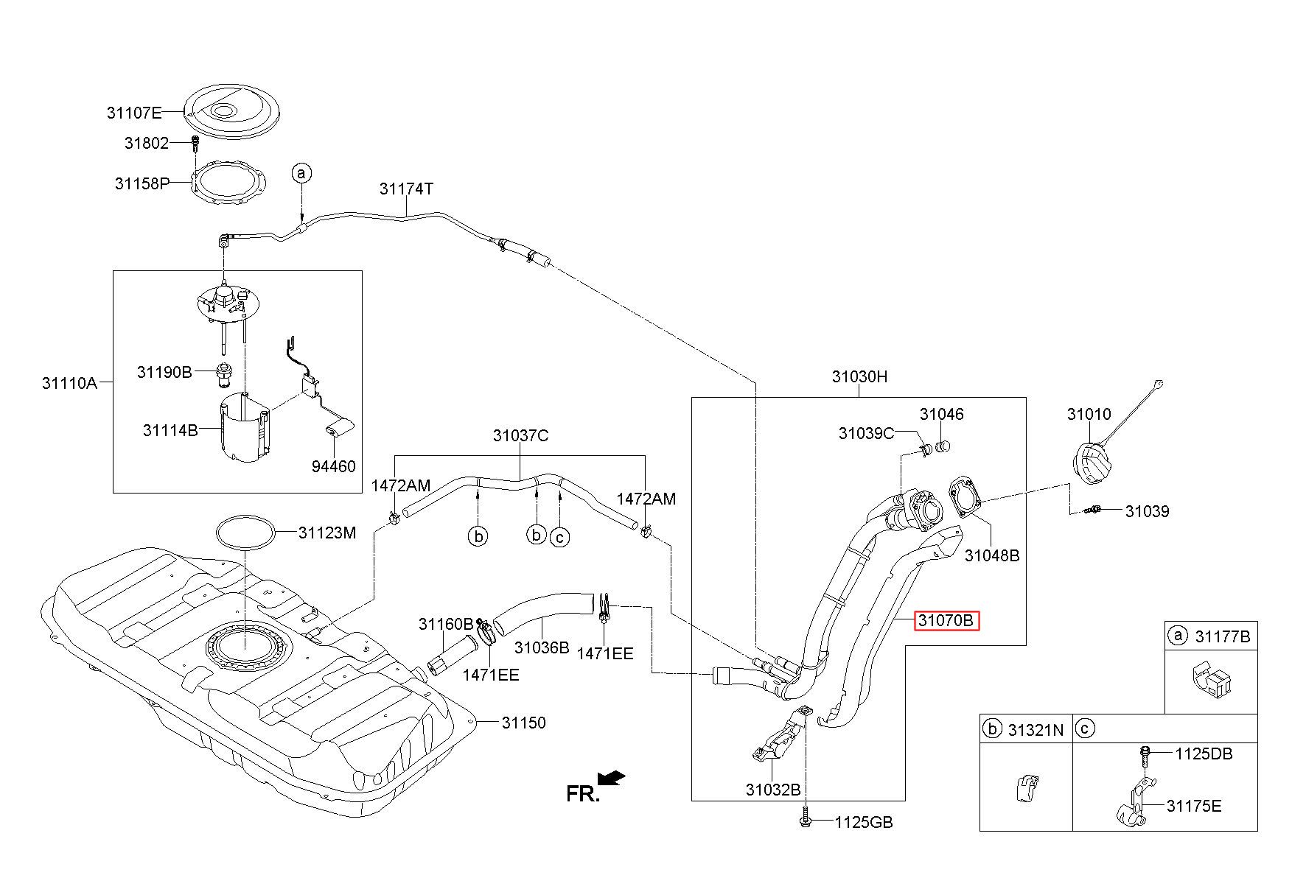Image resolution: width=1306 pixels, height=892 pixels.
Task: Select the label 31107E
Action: [133, 113]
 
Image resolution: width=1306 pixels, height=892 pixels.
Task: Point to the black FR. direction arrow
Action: [611, 778]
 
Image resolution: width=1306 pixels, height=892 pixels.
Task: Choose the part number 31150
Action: [524, 723]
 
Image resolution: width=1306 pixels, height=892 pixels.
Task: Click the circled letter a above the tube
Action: [301, 173]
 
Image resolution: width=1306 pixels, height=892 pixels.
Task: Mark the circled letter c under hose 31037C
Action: [560, 538]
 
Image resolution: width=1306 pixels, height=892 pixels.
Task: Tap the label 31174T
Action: [406, 189]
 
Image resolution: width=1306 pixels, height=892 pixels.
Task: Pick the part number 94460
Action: [333, 466]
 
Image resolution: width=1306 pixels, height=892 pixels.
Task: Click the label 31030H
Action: [859, 377]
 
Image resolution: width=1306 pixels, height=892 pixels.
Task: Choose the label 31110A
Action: [69, 383]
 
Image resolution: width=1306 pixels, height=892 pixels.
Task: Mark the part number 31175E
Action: [1194, 806]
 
